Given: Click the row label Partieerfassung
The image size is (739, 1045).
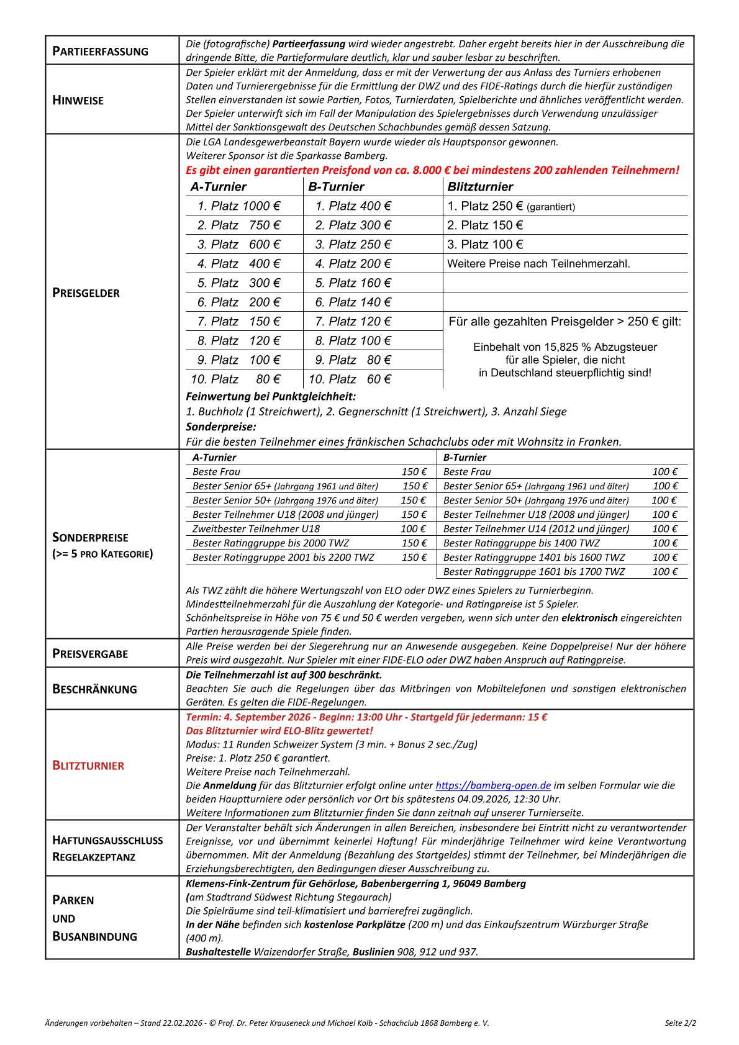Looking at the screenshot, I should point(100,51).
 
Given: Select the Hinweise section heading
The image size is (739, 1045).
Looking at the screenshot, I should point(78,100).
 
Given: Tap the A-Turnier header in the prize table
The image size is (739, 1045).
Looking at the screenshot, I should point(219,187).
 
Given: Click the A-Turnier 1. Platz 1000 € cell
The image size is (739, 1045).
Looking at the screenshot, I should point(238,206).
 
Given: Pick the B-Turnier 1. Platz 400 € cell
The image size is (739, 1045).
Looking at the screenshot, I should point(353,206).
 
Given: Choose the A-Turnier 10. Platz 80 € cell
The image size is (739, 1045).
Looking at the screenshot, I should point(235,379).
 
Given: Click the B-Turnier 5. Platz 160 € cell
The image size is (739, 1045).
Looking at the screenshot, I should point(353,283).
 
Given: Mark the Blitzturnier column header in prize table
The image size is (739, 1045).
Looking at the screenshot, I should point(480,187).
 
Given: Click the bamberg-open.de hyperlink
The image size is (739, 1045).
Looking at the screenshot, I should point(493,785).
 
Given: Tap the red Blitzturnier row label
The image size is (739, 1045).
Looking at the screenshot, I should point(88,766).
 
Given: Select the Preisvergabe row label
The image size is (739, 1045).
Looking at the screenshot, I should point(90,654).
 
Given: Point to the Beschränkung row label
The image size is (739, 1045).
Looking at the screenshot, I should point(94,689).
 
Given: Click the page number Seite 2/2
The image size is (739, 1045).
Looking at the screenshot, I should point(680,1023).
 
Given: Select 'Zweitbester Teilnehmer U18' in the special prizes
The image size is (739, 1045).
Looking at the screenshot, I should point(256,529).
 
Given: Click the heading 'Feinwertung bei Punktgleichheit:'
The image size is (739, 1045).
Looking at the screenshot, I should point(271,396).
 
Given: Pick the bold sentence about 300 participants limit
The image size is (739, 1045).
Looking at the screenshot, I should point(284,675).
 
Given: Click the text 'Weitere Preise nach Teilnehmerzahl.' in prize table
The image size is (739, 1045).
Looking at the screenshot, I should point(538,264).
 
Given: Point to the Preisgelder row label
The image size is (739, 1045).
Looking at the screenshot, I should point(86,292).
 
